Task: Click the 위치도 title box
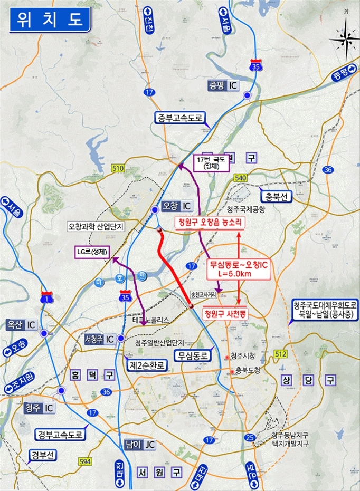point(48,21)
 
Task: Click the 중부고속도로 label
point(181,118)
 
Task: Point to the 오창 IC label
point(177,205)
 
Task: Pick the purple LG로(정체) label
point(92,252)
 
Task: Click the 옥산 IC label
point(22,323)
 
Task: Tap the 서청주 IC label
point(100,338)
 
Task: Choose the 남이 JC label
point(139,444)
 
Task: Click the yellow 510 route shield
point(118,168)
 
